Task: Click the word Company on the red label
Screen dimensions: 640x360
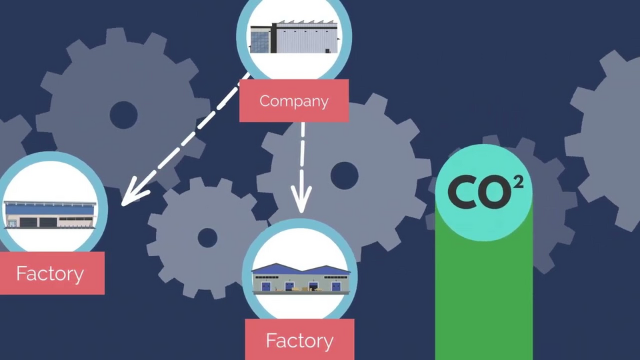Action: (294, 101)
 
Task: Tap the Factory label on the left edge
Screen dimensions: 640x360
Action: (52, 273)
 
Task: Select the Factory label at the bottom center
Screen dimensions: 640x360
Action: (299, 339)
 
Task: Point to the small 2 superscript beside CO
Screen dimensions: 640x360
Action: (518, 182)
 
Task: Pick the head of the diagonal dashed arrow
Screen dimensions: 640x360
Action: (135, 192)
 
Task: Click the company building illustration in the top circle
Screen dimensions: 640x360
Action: (294, 37)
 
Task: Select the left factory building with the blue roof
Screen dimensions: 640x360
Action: (50, 214)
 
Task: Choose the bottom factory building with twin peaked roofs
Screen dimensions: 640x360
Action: (301, 279)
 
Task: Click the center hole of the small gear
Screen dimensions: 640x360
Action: (207, 237)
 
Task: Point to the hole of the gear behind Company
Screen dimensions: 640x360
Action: (345, 175)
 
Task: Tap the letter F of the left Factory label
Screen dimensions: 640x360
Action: (21, 273)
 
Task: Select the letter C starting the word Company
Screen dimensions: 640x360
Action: (265, 101)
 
